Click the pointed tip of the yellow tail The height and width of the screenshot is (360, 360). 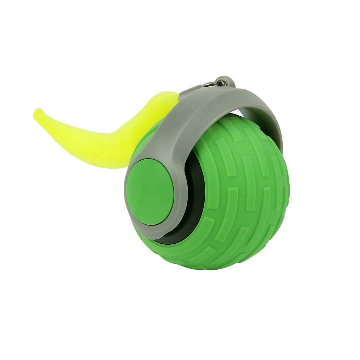pyautogui.click(x=37, y=113)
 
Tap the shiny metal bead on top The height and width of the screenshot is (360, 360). pyautogui.click(x=223, y=83)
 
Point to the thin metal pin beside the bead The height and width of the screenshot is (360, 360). pyautogui.click(x=209, y=84)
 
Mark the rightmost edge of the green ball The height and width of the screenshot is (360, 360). pyautogui.click(x=289, y=186)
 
